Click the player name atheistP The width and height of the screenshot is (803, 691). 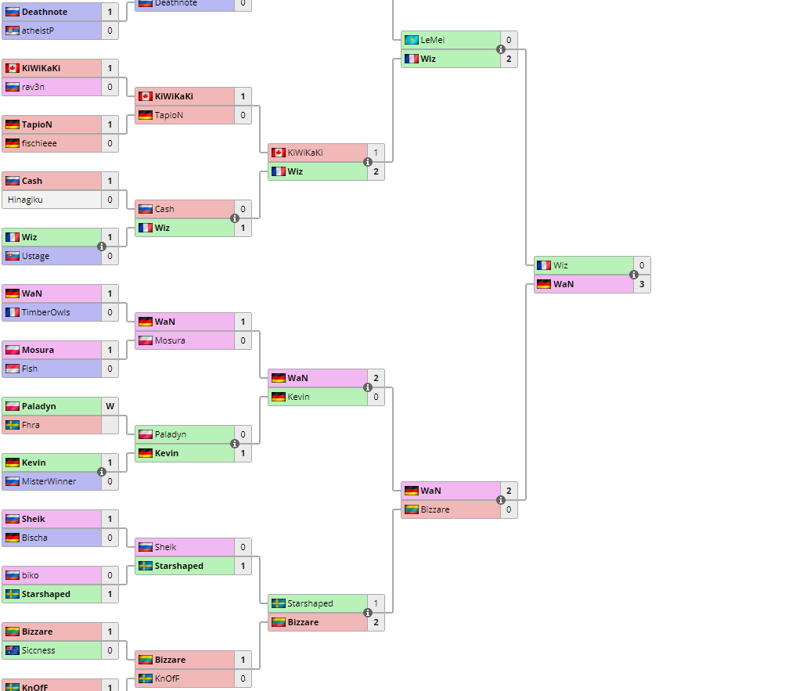(38, 31)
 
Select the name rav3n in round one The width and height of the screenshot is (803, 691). (33, 87)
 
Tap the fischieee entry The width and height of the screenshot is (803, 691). (39, 143)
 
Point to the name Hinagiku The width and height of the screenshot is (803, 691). (25, 200)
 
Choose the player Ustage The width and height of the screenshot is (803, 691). (35, 256)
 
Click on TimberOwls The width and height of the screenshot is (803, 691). (45, 312)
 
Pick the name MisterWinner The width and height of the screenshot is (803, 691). (49, 481)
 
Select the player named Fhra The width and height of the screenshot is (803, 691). (31, 425)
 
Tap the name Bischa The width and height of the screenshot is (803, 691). (34, 538)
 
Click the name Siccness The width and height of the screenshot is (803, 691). (38, 650)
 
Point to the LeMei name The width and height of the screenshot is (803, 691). (433, 40)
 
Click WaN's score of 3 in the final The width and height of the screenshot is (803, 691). (642, 284)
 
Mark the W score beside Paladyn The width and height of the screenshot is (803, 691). (110, 406)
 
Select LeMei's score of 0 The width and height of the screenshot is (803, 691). (509, 40)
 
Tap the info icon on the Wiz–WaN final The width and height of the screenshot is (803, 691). (634, 275)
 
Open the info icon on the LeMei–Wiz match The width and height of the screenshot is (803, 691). (501, 49)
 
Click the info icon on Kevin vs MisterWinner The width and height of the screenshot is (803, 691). (102, 472)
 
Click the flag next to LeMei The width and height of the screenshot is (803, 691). (412, 40)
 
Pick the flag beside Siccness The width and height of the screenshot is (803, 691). (12, 650)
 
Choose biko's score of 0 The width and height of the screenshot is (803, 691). (110, 575)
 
